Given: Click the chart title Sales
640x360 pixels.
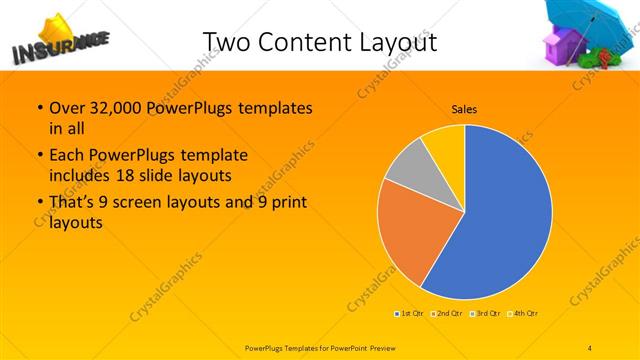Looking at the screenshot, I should [x=464, y=107].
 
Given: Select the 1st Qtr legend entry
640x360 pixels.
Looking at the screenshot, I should [x=410, y=314].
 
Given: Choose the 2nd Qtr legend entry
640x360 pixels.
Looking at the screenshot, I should [x=450, y=314].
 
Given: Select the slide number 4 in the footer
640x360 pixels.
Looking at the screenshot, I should [x=590, y=348].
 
